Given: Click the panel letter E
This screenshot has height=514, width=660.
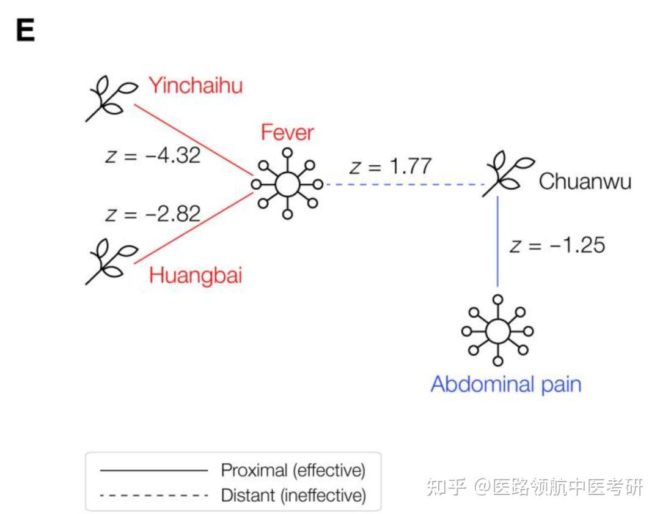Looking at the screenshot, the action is [x=25, y=31].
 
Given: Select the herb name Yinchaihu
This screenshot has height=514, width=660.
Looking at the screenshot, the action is [x=196, y=86].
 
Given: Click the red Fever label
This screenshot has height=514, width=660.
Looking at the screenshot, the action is [x=287, y=132].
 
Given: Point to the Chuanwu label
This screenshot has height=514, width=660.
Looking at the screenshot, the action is [x=585, y=182].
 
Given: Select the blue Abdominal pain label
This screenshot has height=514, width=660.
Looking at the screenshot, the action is [x=506, y=385].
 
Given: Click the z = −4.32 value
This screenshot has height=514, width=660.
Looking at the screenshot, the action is [x=153, y=155].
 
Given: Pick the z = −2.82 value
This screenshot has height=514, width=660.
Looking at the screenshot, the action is [x=153, y=214].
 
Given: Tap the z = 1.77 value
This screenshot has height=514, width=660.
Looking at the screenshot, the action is [x=390, y=166].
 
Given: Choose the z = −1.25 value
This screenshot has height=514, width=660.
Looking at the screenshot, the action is [x=557, y=245].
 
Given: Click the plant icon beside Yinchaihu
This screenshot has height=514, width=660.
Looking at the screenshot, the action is [x=110, y=99].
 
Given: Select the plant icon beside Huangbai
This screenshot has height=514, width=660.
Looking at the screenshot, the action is [x=110, y=262].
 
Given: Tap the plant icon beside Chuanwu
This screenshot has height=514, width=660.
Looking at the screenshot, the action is [x=508, y=174].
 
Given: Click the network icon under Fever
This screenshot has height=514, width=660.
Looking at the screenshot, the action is [x=287, y=184].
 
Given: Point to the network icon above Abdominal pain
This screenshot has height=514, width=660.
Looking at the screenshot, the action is [x=498, y=330].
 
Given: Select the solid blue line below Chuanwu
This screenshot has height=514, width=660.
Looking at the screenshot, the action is [x=498, y=242].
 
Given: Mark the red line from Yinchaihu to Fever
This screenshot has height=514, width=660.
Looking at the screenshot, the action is [x=194, y=140].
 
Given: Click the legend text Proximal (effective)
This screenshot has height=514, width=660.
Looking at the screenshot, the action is [x=293, y=470].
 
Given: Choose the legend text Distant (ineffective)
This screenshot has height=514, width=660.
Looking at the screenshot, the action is [x=293, y=496].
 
